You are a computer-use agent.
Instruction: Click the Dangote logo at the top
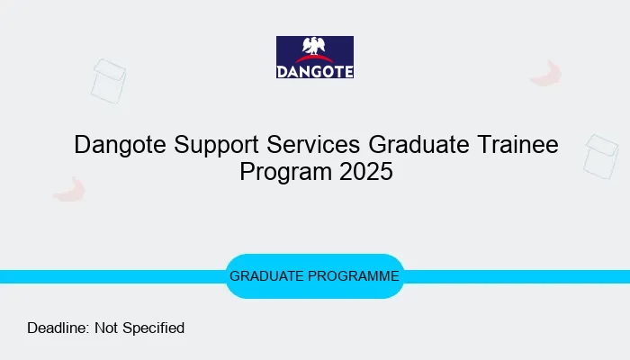pos(314,57)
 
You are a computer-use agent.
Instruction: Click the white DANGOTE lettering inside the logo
pos(314,70)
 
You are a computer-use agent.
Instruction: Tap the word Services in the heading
pos(311,144)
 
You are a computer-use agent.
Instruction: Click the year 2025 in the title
pos(366,171)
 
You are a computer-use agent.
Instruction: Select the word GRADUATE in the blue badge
pos(267,276)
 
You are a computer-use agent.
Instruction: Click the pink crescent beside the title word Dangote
pos(68,190)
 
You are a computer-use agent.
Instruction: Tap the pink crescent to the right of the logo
pos(546,75)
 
